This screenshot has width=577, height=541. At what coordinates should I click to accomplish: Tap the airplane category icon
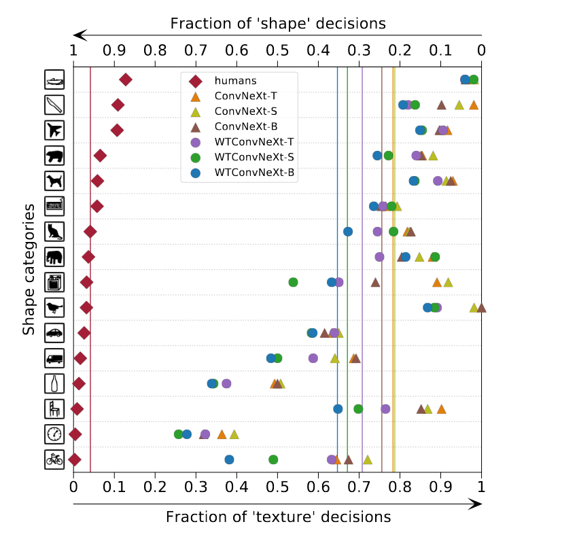(54, 130)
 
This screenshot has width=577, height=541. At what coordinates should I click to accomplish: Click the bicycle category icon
(54, 459)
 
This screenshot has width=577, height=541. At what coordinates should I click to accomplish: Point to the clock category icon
(54, 434)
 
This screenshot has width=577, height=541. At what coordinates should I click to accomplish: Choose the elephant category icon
(54, 257)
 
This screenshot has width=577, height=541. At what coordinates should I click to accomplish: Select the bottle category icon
(54, 383)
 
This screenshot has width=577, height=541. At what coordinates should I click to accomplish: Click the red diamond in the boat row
(126, 80)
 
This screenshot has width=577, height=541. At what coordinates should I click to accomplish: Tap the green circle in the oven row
(293, 282)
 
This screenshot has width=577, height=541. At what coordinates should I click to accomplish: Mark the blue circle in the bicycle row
(230, 459)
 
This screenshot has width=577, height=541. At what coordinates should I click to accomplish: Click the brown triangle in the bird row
(481, 307)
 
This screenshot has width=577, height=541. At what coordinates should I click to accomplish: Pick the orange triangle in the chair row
(441, 409)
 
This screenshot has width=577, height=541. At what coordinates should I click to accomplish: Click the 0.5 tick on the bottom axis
(277, 487)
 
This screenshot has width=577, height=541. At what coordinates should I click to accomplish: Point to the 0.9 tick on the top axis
(114, 50)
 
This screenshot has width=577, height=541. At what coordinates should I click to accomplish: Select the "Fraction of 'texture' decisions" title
(278, 517)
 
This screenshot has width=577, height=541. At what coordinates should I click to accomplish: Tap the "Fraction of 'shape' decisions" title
(278, 24)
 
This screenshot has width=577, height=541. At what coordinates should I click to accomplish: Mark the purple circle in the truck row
(313, 358)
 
